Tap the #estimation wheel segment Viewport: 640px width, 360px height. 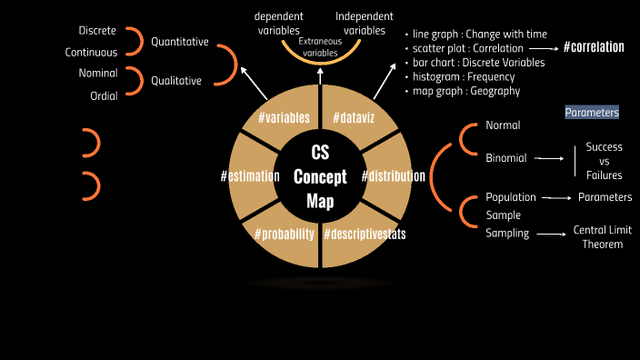pos(250,176)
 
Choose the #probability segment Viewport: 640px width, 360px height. pos(285,234)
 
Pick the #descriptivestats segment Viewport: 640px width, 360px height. pos(364,234)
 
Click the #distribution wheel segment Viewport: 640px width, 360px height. pos(393,175)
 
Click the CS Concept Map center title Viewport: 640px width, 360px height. pos(320,176)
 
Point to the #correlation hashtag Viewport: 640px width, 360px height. pos(594,46)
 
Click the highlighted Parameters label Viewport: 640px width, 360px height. pos(592,113)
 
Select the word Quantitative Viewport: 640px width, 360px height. pos(180,42)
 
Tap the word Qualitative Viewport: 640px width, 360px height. pos(176,80)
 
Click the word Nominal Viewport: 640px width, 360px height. pos(97,72)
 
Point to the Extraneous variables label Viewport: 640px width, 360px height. pos(319,48)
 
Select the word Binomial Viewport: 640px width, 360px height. pos(506,158)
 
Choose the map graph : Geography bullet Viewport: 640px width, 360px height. pos(466,91)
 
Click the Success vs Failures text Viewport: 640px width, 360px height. pos(604,161)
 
